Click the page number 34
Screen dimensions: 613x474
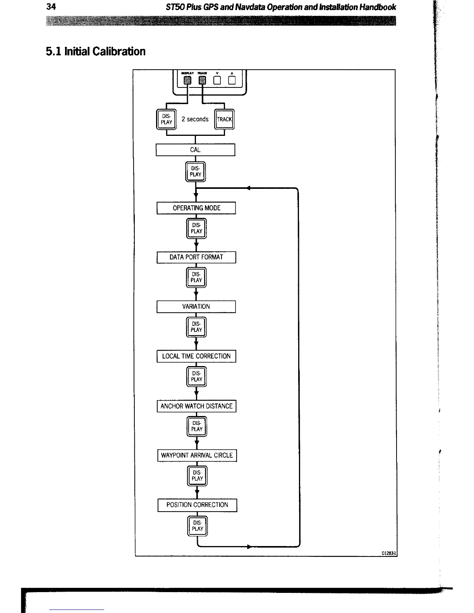[x=51, y=7]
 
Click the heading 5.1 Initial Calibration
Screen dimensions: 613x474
[x=96, y=51]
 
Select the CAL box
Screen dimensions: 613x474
[x=195, y=150]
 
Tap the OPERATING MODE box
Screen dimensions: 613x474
[x=196, y=208]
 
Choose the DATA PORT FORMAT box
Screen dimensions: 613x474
[x=196, y=257]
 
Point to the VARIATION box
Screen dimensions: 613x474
[x=196, y=306]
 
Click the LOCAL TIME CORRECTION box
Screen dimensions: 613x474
[x=196, y=356]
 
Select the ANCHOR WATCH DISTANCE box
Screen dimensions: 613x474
[x=196, y=406]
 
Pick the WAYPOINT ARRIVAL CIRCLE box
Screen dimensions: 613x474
[x=197, y=455]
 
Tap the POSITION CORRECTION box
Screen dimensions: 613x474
[x=197, y=505]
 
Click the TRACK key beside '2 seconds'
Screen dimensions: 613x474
[x=225, y=119]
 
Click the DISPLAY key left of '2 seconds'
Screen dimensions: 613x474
[x=167, y=119]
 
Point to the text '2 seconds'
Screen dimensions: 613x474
[x=195, y=119]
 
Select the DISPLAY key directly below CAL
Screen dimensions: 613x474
[x=196, y=172]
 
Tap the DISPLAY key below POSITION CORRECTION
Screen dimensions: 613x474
[x=197, y=526]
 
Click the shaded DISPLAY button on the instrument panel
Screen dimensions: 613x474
[x=187, y=80]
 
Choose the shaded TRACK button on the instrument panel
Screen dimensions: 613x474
[x=202, y=80]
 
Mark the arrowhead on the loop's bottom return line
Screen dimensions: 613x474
[x=249, y=547]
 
